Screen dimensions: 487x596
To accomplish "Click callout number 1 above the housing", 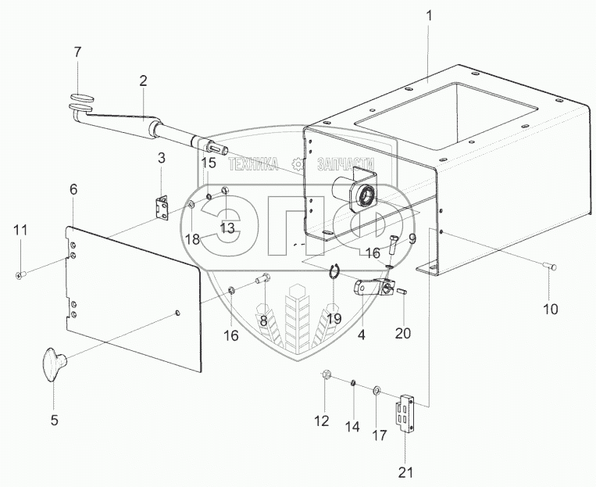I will [x=427, y=16].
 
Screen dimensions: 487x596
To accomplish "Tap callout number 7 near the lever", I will [x=77, y=52].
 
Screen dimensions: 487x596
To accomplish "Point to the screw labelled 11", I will [x=20, y=274].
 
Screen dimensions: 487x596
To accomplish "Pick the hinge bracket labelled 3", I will [x=161, y=208].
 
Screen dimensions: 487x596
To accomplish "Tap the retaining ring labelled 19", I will [x=334, y=271].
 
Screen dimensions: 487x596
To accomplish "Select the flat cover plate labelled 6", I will [x=133, y=297].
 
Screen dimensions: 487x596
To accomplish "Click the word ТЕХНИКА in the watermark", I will [x=253, y=164].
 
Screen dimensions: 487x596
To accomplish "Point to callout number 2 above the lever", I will [x=143, y=81].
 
